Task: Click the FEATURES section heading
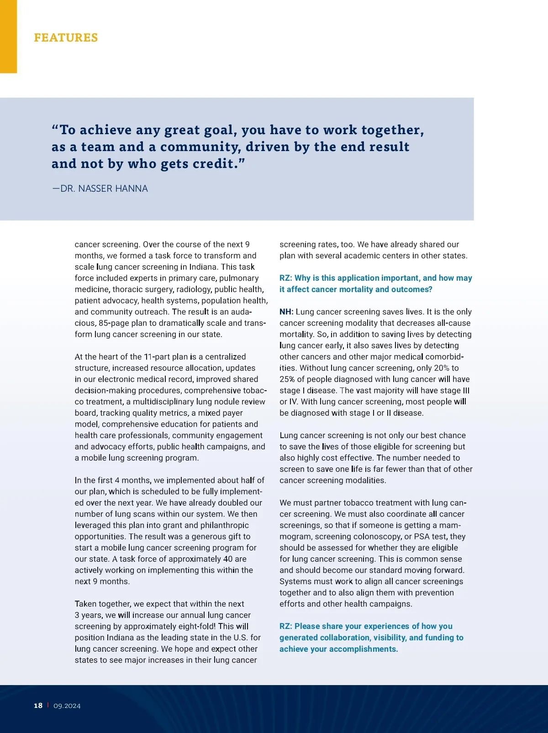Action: tap(66, 37)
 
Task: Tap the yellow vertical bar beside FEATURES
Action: tap(8, 37)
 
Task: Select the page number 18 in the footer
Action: tap(38, 706)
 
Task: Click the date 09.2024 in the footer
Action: tap(67, 706)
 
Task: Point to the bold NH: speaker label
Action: tap(286, 312)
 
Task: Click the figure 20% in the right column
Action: tap(442, 368)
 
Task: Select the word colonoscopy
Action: tap(377, 536)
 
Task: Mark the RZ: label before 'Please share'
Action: tap(286, 626)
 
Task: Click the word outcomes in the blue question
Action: tap(413, 289)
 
